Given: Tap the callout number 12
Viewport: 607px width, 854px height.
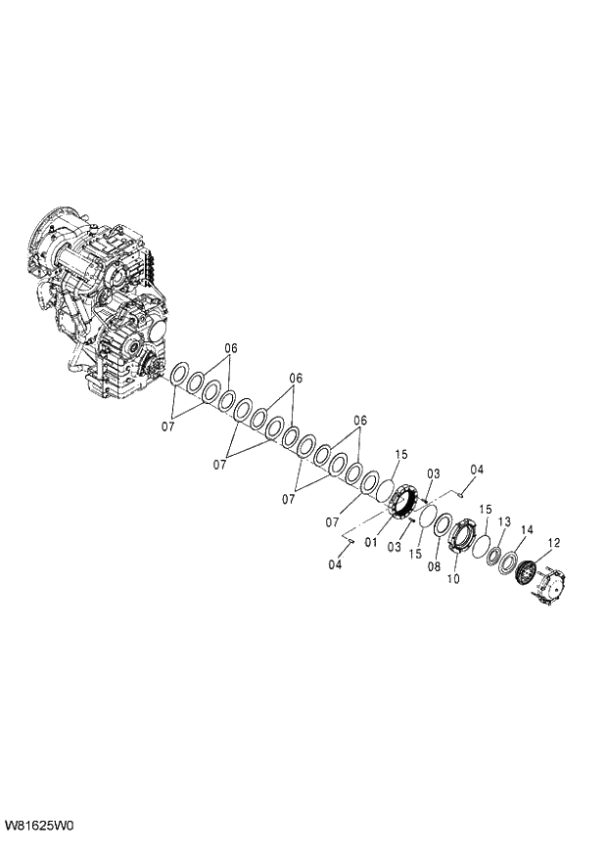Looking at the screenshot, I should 554,543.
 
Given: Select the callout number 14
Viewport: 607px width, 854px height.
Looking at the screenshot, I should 527,530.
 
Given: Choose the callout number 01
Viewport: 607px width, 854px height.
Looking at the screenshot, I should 371,540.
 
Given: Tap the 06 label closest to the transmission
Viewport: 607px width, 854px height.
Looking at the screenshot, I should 231,348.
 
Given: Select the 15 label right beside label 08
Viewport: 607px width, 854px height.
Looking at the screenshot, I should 415,553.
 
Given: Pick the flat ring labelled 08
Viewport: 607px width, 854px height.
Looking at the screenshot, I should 442,525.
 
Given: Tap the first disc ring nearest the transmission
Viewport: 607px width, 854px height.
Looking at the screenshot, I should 179,379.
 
